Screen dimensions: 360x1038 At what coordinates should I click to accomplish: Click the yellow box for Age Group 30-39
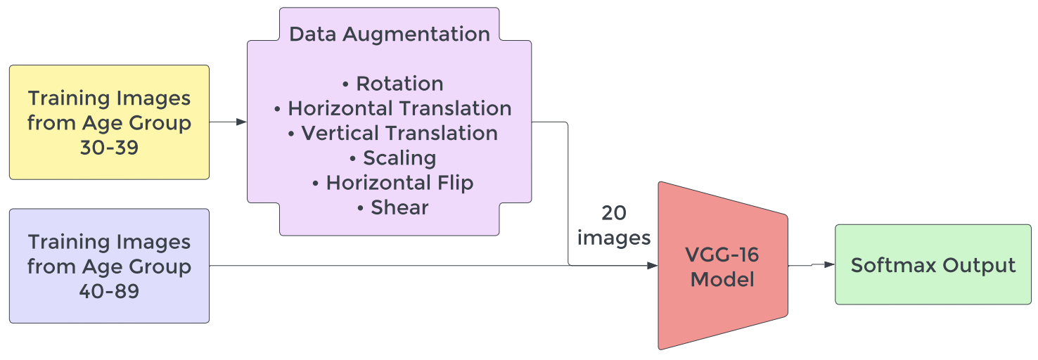click(x=109, y=122)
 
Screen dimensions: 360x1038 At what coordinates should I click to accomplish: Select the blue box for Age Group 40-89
click(x=109, y=266)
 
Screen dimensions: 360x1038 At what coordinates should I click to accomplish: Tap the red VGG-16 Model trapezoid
click(x=722, y=266)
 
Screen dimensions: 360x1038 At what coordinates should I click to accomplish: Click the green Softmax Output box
click(x=933, y=265)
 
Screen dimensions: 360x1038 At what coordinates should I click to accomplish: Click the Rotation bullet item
click(x=392, y=84)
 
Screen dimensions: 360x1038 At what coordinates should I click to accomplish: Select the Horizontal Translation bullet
click(x=392, y=108)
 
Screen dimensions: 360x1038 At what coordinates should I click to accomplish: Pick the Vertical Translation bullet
click(x=392, y=133)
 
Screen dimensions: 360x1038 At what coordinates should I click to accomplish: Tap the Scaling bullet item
click(x=392, y=157)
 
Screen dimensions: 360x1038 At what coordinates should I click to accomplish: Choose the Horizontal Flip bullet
click(x=392, y=183)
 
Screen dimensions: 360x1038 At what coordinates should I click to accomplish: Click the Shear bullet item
click(x=392, y=207)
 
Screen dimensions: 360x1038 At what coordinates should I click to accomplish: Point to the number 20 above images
click(x=614, y=213)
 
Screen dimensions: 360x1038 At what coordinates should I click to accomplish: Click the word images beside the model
click(x=614, y=238)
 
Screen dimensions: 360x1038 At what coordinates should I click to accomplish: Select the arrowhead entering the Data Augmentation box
click(x=241, y=122)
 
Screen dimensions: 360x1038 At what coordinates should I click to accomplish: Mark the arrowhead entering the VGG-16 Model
click(x=652, y=266)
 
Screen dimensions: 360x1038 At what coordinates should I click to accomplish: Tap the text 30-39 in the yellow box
click(x=109, y=148)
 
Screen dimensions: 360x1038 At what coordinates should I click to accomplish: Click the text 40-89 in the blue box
click(x=109, y=291)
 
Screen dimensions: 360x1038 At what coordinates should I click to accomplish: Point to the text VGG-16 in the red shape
click(x=722, y=254)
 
